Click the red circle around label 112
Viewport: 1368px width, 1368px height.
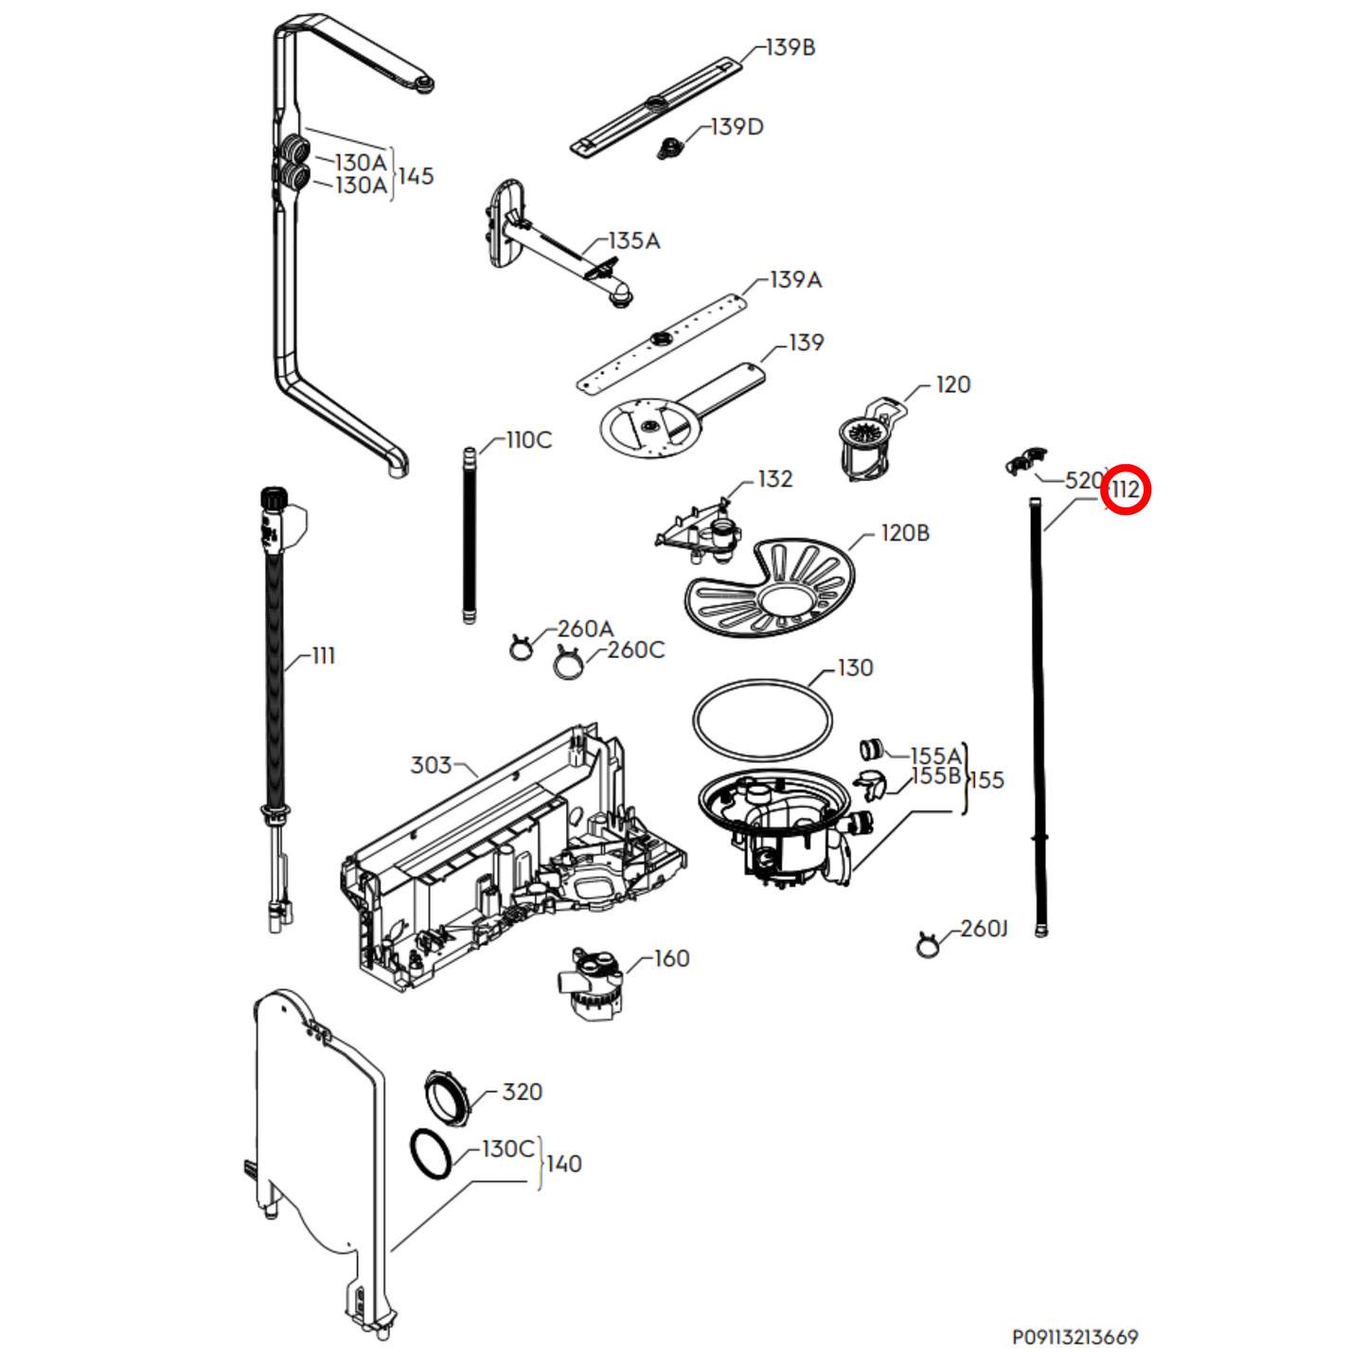1126,490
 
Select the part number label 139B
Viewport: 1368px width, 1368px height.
790,47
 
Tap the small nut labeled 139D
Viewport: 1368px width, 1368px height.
671,148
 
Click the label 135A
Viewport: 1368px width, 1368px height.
633,241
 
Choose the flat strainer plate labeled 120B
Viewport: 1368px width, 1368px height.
769,589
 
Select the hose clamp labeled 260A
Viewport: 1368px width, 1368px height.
521,648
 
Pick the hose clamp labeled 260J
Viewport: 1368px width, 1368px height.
928,944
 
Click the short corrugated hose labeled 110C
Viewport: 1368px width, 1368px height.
470,535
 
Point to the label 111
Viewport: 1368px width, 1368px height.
323,656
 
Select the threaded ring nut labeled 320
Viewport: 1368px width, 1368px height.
447,1099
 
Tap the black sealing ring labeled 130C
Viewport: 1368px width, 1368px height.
431,1154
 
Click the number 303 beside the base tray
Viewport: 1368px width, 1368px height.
431,765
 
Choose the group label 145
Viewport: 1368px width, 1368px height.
416,176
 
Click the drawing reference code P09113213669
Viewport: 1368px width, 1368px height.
1075,1337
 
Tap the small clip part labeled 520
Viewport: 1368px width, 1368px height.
1025,461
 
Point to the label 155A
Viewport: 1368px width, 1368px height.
935,756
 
